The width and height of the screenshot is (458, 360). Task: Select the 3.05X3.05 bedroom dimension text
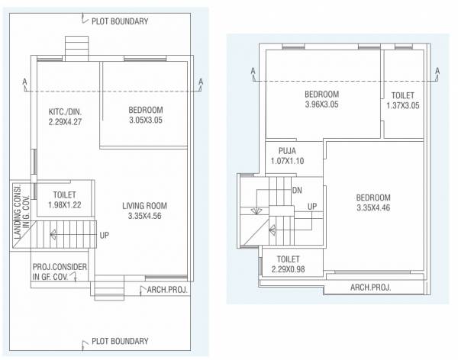[x=145, y=120]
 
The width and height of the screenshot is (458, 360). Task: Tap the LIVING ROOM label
[x=144, y=206]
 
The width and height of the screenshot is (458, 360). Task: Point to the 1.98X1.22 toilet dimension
[x=65, y=204]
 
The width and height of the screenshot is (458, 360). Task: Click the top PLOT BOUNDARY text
[x=120, y=21]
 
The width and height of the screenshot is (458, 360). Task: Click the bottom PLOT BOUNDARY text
[x=120, y=341]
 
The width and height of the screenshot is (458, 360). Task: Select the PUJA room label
[x=287, y=151]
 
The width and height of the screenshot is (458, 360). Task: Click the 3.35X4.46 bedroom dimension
[x=373, y=207]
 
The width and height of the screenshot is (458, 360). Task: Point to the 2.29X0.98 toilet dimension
[x=288, y=269]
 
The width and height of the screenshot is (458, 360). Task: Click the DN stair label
[x=298, y=190]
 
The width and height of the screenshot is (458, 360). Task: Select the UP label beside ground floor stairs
[x=104, y=235]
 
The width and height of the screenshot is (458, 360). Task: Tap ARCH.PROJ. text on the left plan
[x=164, y=291]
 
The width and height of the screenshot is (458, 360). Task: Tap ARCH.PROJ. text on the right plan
[x=370, y=288]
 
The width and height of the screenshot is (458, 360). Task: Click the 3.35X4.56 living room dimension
[x=144, y=216]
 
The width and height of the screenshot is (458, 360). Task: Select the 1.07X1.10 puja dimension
[x=287, y=161]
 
